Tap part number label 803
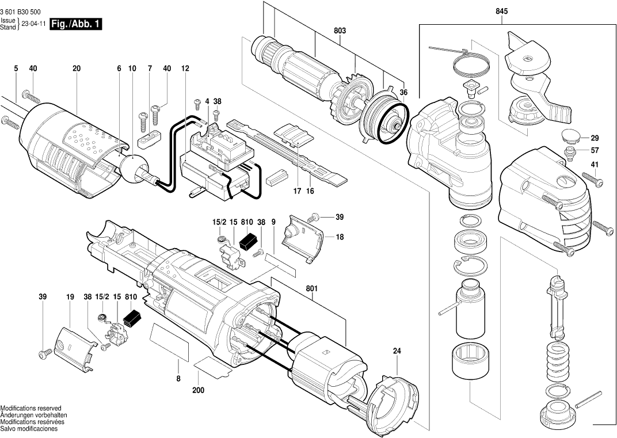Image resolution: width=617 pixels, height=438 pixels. (340, 31)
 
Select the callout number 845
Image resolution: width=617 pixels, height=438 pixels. (502, 12)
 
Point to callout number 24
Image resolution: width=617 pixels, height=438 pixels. (397, 351)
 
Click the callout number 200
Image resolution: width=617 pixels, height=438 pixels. (199, 390)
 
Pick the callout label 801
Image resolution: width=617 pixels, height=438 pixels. (311, 288)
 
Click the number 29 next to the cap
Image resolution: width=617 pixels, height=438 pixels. (595, 138)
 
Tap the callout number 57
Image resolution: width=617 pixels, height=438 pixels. (595, 150)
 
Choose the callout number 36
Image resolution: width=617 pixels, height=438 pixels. (403, 93)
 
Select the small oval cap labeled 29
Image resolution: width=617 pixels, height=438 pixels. (570, 136)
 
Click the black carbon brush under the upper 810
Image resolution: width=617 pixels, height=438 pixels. (248, 241)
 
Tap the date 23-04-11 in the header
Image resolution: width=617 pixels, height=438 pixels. (33, 24)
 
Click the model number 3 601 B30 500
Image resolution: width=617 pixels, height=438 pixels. (20, 13)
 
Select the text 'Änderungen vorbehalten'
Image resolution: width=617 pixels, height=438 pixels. (34, 415)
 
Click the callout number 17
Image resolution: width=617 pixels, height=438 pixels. (296, 191)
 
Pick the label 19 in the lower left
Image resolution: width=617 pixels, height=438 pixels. (70, 297)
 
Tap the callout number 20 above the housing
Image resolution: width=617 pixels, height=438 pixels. (77, 68)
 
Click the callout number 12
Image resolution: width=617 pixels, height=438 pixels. (185, 68)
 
